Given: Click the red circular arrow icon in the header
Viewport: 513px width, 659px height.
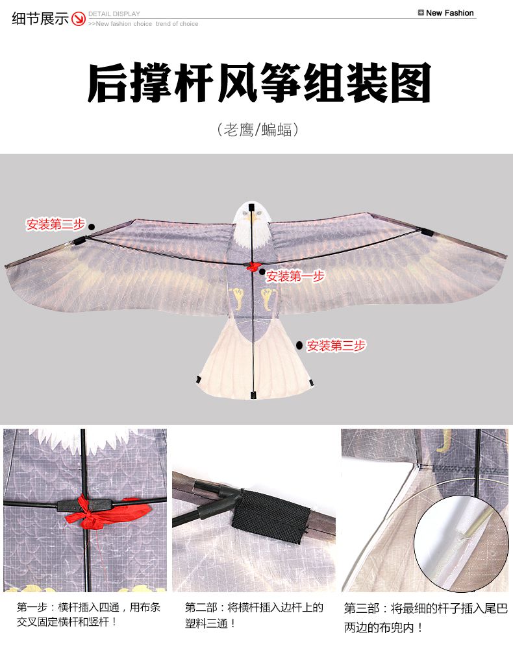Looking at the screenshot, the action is (79, 19).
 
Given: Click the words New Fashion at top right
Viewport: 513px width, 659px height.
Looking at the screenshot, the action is (449, 13).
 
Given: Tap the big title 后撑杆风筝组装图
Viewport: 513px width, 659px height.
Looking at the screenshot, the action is (259, 82).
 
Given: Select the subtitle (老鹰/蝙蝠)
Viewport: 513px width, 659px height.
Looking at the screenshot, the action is (258, 130).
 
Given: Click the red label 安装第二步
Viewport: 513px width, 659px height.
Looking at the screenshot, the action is (56, 224).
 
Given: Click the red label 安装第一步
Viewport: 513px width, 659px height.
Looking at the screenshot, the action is (295, 276).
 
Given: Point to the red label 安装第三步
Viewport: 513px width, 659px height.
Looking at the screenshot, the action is (336, 346).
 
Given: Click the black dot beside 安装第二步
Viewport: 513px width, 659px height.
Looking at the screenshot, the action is (92, 227).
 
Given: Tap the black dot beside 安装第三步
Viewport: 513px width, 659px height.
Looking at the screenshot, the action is (299, 346).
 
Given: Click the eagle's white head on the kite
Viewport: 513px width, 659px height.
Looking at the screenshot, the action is (252, 225).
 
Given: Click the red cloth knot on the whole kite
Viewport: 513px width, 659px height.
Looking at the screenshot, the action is (253, 267).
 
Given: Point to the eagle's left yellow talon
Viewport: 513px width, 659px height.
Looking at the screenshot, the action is (237, 298).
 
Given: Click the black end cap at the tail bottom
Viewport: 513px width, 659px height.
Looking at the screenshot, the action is (253, 395).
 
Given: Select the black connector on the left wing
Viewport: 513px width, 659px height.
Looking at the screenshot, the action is (79, 241).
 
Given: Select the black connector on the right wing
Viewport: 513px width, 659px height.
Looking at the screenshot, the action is (426, 231).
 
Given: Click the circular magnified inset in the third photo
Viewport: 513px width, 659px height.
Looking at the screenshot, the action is (462, 543).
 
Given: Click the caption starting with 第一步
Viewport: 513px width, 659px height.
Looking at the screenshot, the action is (88, 614).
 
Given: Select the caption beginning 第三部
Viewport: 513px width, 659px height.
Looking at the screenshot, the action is (426, 617).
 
